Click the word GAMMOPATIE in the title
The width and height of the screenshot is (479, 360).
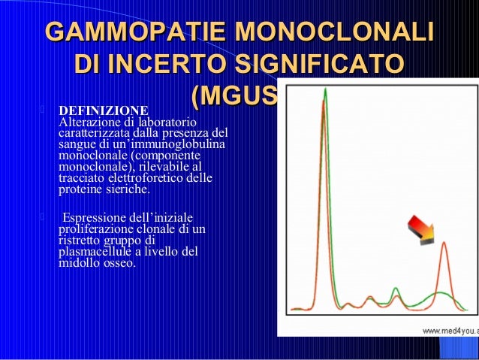(x=135, y=34)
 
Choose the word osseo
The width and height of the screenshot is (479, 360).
(x=119, y=263)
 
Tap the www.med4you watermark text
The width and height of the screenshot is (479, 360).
(x=447, y=331)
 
